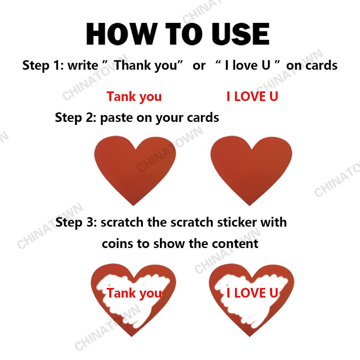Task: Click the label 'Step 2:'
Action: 75,118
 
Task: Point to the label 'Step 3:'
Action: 76,222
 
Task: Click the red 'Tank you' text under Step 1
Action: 134,97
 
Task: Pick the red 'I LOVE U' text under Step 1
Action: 252,97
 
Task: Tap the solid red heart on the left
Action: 135,168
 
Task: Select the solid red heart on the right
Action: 251,168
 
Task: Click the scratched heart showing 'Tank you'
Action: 133,301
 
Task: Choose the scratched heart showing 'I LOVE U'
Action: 251,301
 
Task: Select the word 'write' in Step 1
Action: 83,66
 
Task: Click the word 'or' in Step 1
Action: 199,66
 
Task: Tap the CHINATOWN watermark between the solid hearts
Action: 170,149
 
